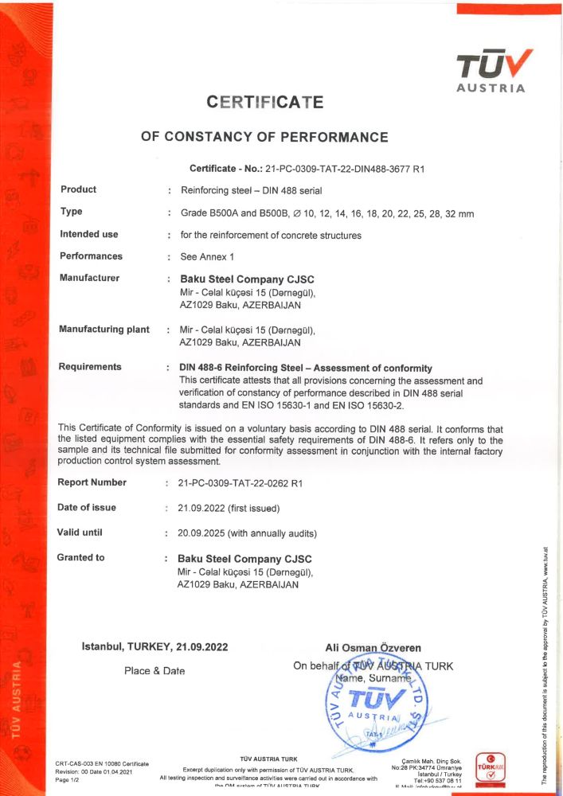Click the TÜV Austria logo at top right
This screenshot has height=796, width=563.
click(x=491, y=69)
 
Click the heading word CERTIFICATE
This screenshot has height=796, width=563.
click(x=265, y=103)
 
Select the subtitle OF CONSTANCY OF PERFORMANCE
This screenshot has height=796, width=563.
click(x=264, y=137)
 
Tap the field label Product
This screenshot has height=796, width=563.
click(x=78, y=189)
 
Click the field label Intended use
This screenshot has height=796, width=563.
click(x=88, y=234)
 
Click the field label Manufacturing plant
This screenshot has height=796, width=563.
click(x=104, y=330)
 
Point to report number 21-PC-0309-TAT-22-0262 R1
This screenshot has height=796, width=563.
click(x=240, y=483)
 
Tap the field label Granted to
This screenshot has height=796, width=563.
click(x=80, y=557)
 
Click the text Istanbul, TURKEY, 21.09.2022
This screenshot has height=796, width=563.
click(x=155, y=647)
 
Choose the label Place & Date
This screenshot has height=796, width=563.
click(x=154, y=671)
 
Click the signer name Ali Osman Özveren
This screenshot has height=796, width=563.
click(x=373, y=648)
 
